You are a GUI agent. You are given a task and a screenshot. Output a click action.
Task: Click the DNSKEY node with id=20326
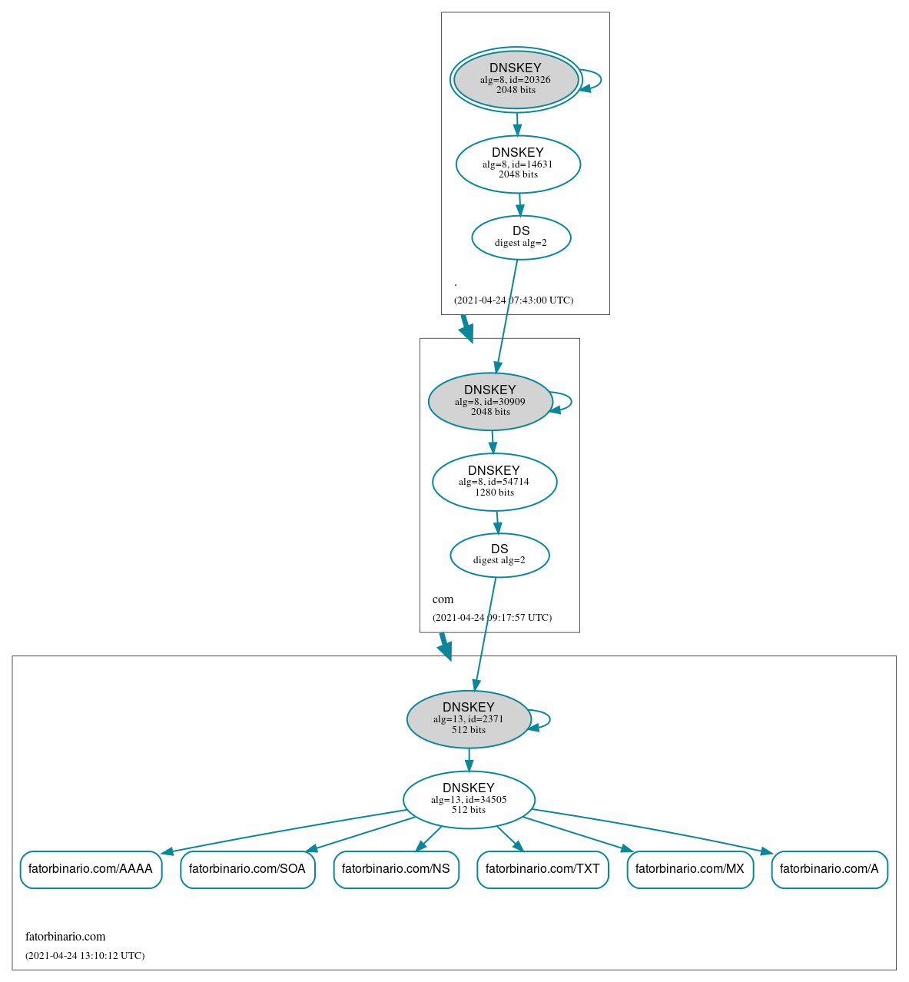(516, 80)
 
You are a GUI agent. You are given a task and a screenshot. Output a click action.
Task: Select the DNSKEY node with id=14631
(518, 164)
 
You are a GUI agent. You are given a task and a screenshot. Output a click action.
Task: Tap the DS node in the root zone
(521, 237)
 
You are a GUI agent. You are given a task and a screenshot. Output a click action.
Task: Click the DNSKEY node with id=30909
(490, 401)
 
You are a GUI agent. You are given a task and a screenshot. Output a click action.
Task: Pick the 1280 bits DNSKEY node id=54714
(494, 482)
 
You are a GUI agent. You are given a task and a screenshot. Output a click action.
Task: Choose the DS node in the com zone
(499, 555)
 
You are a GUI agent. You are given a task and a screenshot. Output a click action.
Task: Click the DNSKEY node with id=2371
(469, 719)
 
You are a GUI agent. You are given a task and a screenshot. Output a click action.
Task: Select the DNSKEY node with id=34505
(469, 800)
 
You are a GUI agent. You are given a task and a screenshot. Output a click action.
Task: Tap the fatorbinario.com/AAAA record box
(91, 869)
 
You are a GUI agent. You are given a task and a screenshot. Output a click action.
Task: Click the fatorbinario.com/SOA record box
(247, 869)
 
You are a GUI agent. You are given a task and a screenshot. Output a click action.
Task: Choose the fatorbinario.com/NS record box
(396, 869)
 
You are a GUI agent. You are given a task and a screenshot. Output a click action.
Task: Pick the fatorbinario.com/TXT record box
(542, 869)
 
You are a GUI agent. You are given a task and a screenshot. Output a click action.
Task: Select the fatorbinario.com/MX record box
(690, 869)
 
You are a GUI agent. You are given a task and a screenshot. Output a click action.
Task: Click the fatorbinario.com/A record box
(829, 869)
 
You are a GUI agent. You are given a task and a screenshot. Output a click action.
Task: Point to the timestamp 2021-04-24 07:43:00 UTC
(513, 300)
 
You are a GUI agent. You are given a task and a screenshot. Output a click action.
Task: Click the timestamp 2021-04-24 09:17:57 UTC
(492, 618)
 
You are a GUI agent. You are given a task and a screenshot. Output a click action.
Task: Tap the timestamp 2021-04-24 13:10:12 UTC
(85, 956)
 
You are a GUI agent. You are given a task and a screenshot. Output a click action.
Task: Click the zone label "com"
(443, 599)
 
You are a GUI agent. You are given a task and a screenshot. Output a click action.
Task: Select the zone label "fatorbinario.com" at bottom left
(65, 937)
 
